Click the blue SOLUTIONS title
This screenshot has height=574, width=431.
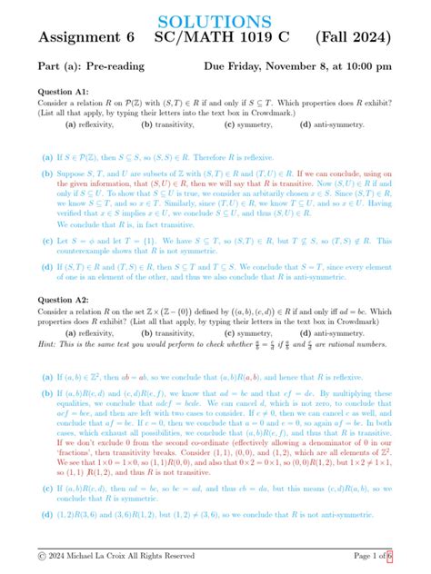click(215, 20)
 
